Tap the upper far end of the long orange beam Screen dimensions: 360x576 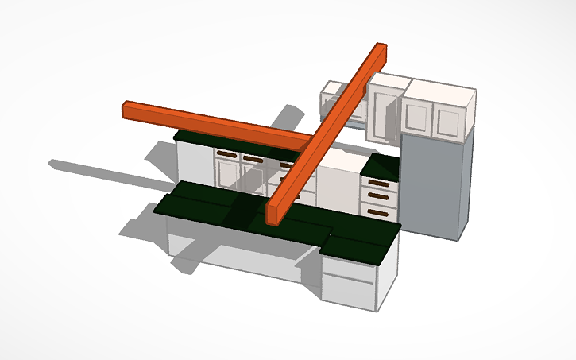(x=380, y=49)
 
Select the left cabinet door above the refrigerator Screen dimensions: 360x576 (x=416, y=116)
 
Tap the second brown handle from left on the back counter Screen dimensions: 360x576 (x=253, y=158)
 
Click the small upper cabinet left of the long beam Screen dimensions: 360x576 (x=331, y=99)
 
